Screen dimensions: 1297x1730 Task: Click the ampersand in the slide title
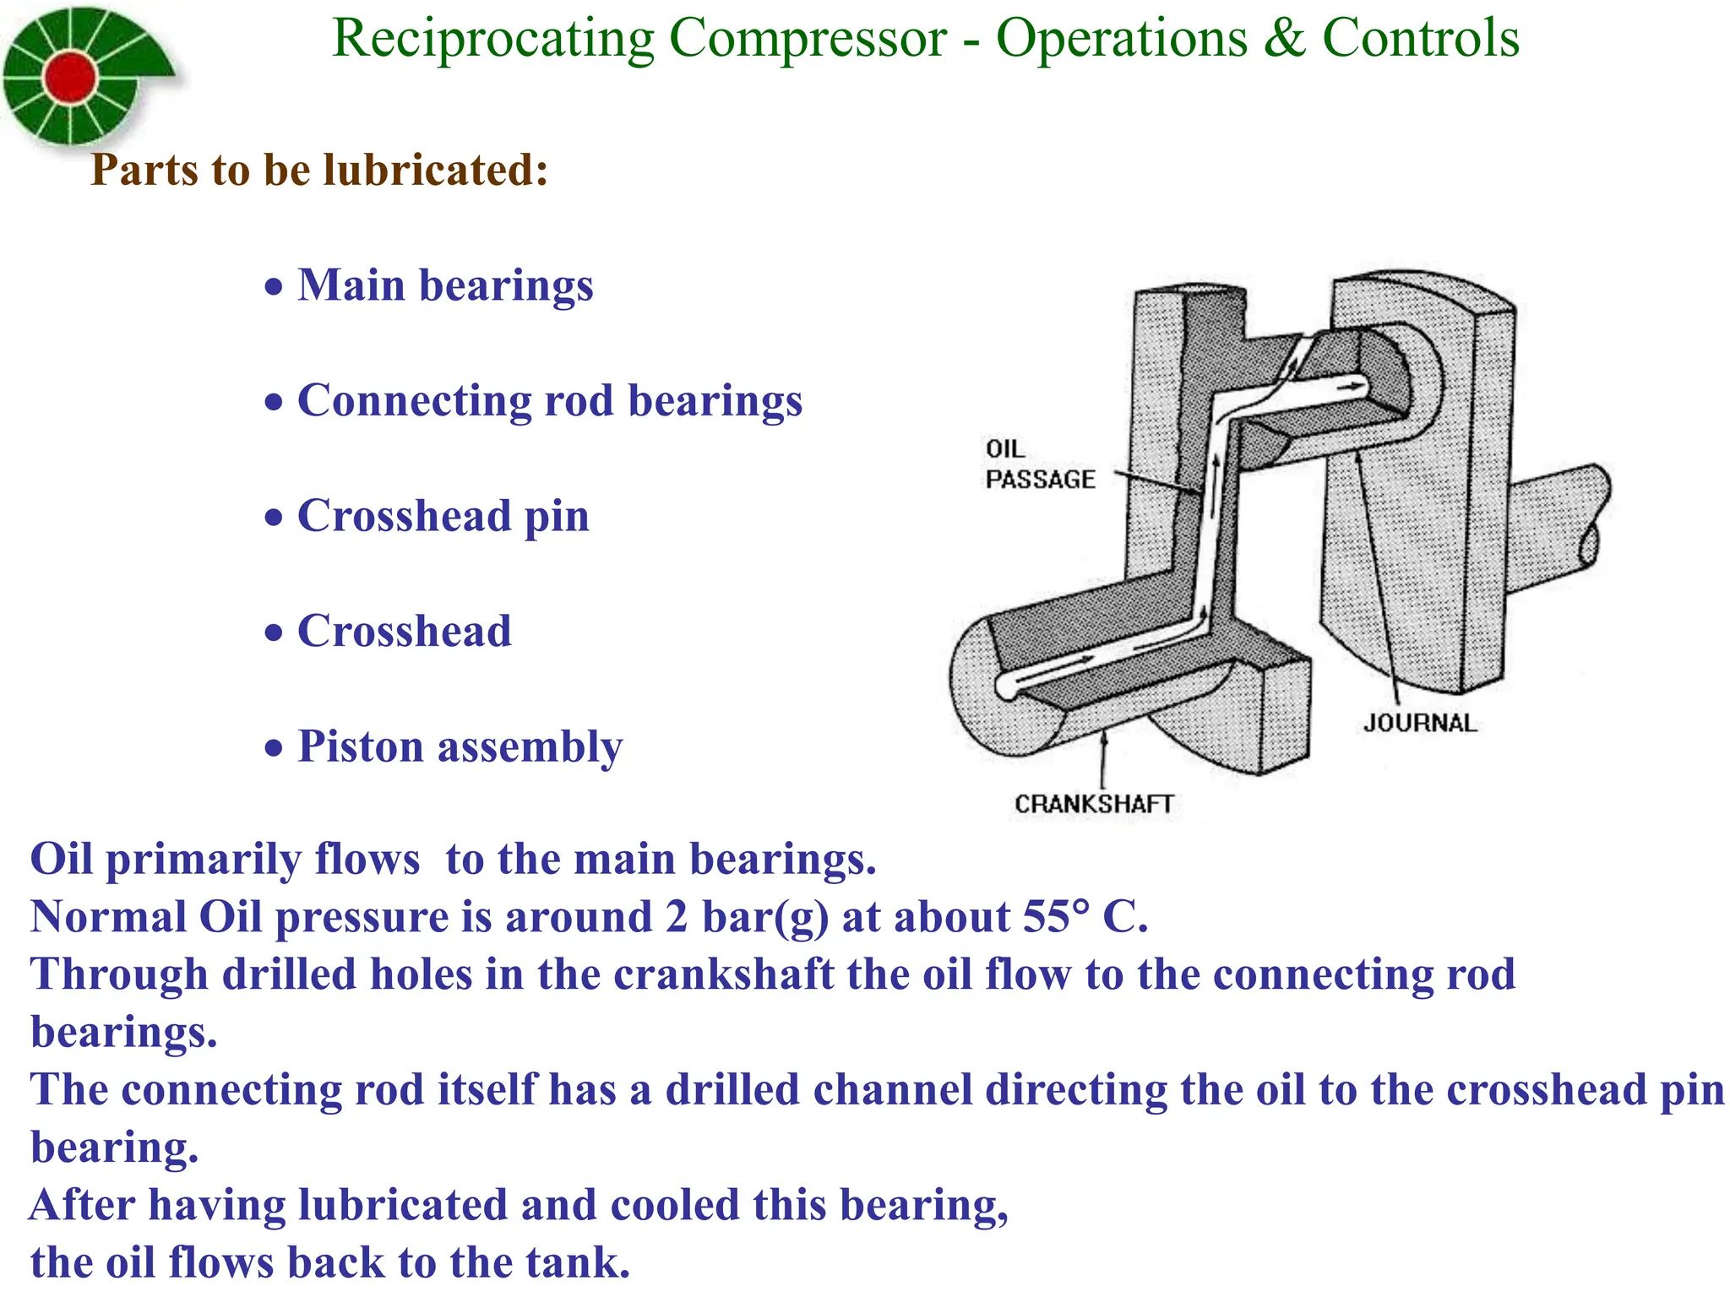point(1284,39)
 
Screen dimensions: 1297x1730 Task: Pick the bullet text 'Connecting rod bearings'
point(550,400)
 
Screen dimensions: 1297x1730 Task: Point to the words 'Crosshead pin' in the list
point(443,515)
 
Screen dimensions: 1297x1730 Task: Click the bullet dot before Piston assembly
point(273,749)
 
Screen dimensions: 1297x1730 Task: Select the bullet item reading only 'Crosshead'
point(405,631)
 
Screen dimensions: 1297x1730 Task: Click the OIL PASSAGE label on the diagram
point(1039,464)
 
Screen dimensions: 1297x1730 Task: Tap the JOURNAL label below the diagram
point(1420,723)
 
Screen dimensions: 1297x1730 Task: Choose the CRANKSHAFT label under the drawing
point(1094,804)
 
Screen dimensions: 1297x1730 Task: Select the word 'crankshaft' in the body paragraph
point(723,974)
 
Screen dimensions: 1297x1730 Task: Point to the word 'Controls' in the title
point(1421,39)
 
